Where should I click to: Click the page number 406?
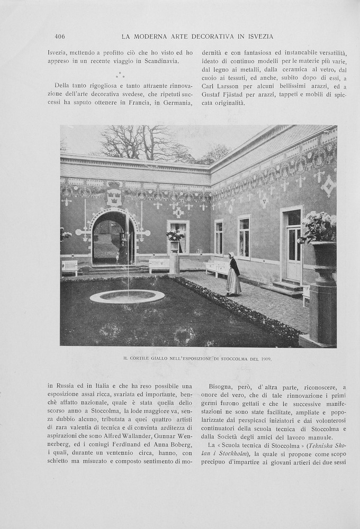click(x=59, y=37)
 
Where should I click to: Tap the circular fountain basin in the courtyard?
click(x=127, y=296)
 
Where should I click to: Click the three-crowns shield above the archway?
click(x=114, y=197)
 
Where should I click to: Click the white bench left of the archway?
click(x=69, y=267)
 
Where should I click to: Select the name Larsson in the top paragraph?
click(x=229, y=86)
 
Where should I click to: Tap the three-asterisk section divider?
click(x=120, y=75)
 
